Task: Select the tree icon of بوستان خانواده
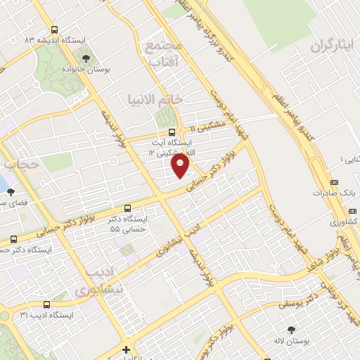[86, 58]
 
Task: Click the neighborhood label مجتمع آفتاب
[163, 53]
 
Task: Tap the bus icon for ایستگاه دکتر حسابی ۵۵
[127, 208]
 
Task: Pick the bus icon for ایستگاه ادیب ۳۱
[46, 305]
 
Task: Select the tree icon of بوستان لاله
[292, 328]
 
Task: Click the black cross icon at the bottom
[126, 349]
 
